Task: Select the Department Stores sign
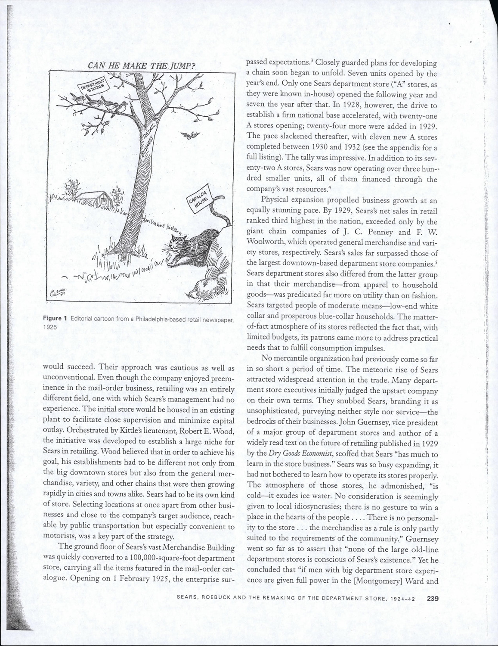point(93,85)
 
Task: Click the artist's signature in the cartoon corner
point(56,294)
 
